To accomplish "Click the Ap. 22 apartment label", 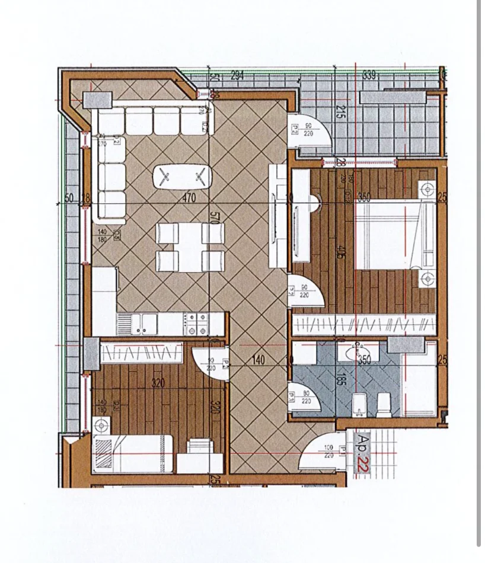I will (x=361, y=453).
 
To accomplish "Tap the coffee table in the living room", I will (x=182, y=177).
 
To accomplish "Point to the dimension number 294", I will (x=237, y=76).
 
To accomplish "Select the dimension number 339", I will (x=369, y=75).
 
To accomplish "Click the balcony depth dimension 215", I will (x=340, y=113).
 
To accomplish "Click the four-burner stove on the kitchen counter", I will (x=196, y=324).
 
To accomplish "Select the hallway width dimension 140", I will (x=257, y=359).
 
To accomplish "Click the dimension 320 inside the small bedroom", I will (x=157, y=383).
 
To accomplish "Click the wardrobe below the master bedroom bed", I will (x=365, y=324).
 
